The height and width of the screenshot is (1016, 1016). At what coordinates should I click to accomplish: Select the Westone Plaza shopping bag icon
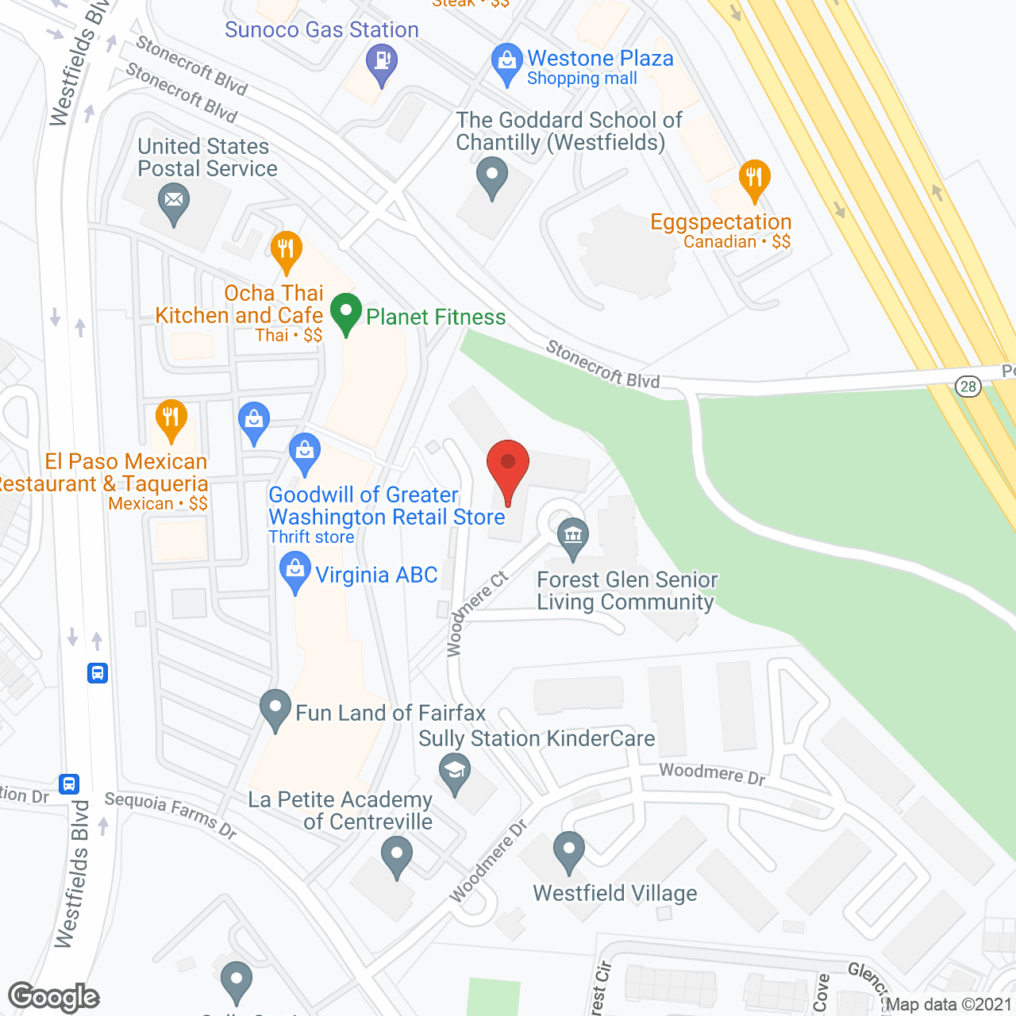pos(506,61)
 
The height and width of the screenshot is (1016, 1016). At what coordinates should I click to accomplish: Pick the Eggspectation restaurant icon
pos(754,179)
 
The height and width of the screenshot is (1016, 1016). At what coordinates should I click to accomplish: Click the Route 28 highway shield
pos(968,387)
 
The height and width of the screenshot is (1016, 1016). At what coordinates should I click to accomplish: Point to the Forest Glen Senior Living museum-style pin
pos(572,536)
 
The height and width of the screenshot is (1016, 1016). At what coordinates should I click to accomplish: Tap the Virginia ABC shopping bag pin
pos(295,571)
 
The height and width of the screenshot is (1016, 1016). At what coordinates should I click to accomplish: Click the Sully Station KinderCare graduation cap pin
pos(455,772)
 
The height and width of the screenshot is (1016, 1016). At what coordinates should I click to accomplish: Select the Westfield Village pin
pos(568,850)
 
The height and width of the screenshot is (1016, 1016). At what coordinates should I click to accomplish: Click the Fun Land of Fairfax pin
pos(275,708)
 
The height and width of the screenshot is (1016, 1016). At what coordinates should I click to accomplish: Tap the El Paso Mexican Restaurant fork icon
pos(171,418)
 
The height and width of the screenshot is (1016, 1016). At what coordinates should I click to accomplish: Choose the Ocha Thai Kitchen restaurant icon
pos(286,250)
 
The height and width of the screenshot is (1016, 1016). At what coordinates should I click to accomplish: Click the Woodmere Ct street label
pos(476,613)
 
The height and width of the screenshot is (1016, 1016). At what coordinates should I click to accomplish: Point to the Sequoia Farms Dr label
pos(171,814)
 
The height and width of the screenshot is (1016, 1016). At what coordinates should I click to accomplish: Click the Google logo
pos(53,997)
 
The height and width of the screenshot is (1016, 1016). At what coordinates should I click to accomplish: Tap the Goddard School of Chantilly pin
pos(492,176)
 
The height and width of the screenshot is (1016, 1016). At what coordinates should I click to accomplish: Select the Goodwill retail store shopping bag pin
pos(305,452)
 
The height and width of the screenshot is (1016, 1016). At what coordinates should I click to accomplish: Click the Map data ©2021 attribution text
pos(949,1004)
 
